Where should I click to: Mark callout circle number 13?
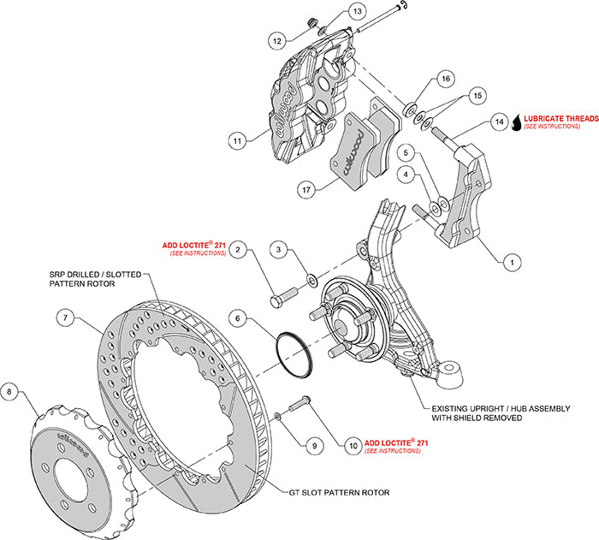(x=333, y=11)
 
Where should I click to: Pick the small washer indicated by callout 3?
(x=312, y=278)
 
